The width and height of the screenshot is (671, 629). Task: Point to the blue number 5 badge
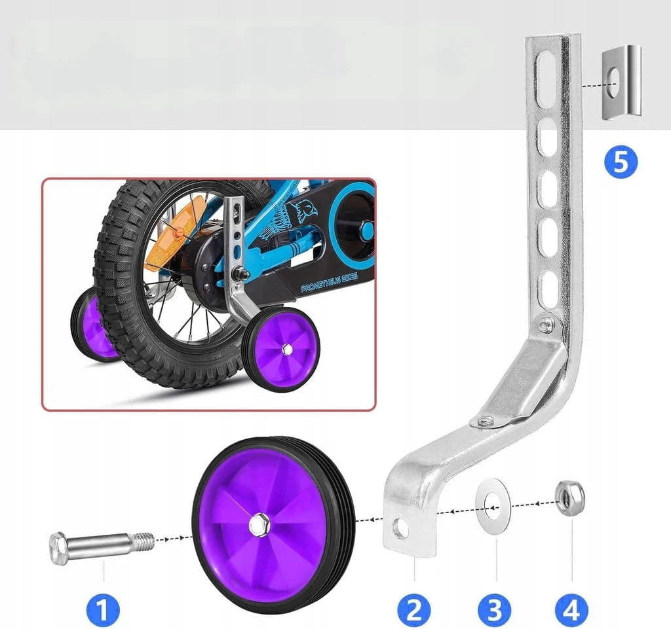(x=621, y=162)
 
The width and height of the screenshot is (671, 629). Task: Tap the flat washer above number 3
(x=493, y=506)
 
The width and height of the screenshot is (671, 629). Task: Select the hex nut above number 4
(x=570, y=498)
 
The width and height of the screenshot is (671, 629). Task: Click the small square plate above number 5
(x=622, y=82)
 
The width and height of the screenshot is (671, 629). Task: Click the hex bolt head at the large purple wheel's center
(x=259, y=524)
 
